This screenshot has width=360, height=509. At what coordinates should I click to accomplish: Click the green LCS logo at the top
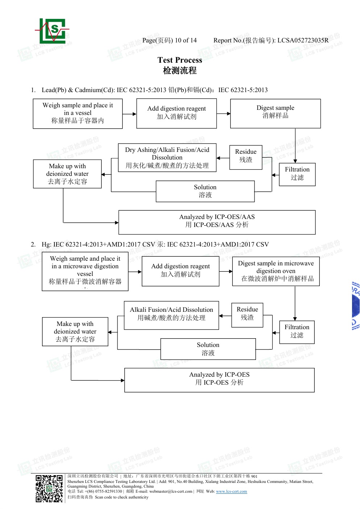52,31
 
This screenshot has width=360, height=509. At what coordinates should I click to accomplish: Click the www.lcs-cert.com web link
231,491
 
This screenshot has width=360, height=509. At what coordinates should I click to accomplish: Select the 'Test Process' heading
180,60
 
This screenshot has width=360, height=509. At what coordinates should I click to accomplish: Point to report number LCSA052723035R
303,40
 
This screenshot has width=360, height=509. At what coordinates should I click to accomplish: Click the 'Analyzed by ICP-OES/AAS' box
217,222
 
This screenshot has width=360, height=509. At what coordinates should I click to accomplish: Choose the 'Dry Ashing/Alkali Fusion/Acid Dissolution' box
167,157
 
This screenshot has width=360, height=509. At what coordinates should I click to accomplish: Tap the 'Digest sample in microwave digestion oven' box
276,271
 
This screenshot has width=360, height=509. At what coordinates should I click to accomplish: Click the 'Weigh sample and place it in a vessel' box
78,113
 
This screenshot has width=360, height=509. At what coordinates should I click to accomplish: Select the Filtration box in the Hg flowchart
297,332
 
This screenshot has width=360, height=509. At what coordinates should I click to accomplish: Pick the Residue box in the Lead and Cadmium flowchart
246,157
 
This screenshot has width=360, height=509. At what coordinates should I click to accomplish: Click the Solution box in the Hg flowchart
208,349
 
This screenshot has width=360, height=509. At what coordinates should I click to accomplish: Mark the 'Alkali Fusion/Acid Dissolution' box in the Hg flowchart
171,315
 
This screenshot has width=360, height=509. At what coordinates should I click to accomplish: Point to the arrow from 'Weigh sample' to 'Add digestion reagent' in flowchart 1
129,114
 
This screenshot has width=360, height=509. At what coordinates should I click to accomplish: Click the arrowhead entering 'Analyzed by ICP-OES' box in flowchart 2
123,380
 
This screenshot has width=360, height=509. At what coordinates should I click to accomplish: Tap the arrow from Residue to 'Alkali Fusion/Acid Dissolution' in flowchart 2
225,316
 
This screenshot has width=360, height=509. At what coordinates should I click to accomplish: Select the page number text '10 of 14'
186,40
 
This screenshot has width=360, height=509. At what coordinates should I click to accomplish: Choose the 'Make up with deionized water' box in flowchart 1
67,174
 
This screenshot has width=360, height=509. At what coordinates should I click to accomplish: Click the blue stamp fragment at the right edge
356,306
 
